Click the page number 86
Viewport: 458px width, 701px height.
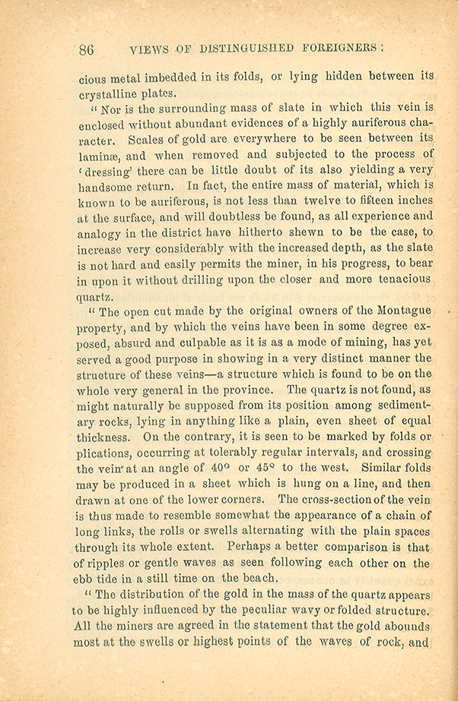(86, 50)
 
